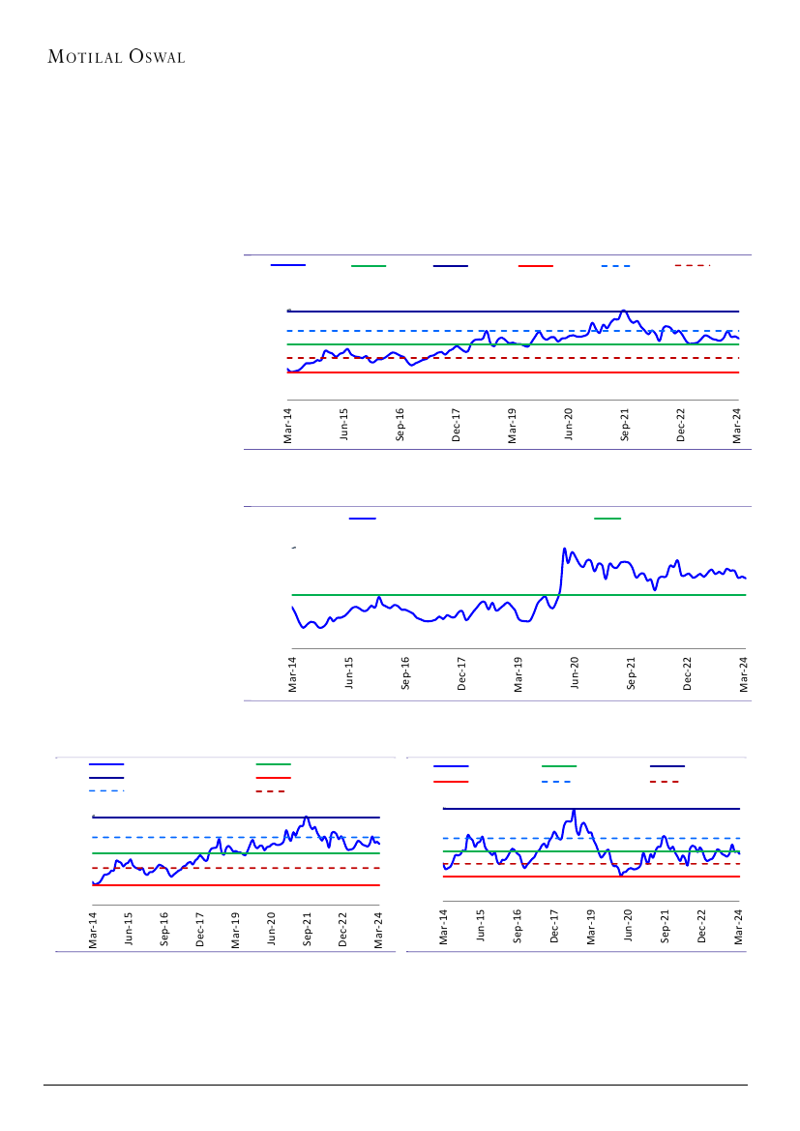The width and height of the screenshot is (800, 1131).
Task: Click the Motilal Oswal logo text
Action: [x=116, y=56]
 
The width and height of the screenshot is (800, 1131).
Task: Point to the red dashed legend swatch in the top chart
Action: [x=693, y=265]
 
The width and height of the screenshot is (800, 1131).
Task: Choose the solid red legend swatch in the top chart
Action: [x=535, y=265]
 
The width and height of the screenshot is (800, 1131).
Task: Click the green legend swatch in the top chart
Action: [x=368, y=265]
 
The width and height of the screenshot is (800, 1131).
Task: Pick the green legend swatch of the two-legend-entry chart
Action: [x=607, y=519]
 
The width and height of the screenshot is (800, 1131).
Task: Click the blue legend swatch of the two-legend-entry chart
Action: [x=362, y=519]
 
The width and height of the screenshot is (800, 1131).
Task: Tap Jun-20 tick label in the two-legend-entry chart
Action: [x=576, y=672]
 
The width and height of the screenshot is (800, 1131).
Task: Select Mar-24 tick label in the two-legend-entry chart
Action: [x=746, y=672]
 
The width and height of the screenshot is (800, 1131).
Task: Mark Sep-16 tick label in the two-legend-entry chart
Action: [x=405, y=672]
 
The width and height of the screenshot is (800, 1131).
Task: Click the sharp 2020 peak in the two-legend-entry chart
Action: [x=564, y=550]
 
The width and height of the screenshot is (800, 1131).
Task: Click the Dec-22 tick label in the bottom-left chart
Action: [x=343, y=929]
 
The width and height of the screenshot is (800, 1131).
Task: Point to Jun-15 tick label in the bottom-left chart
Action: [x=129, y=929]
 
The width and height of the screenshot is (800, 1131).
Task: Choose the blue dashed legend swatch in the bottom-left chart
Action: [x=106, y=790]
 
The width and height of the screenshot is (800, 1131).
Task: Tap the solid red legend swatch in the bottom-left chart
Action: [x=274, y=777]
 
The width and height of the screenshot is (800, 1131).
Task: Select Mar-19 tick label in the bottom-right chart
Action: [x=591, y=927]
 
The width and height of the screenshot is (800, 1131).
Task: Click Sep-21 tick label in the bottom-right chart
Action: [x=666, y=927]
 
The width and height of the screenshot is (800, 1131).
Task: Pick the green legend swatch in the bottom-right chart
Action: [x=558, y=766]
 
